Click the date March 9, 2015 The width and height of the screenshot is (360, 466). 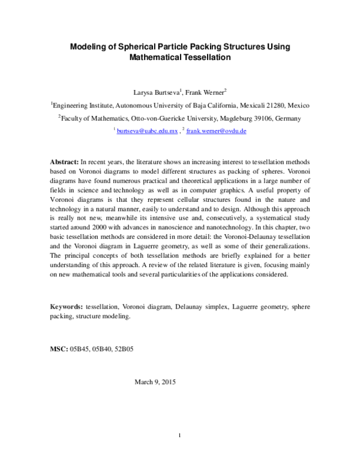click(x=155, y=382)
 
